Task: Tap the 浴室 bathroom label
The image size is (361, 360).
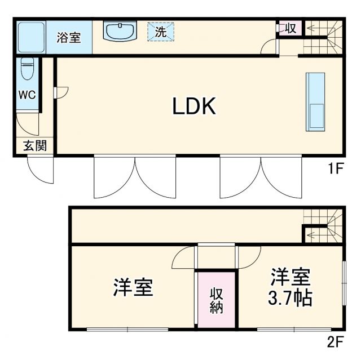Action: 69,37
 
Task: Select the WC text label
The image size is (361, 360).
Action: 27,95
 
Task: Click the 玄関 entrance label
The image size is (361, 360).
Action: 34,146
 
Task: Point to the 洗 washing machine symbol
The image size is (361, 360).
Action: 161,32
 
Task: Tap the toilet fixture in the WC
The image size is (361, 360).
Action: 27,72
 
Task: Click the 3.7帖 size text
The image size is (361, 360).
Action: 290,297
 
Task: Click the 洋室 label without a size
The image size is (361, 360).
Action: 133,288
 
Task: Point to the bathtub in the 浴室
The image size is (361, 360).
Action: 30,37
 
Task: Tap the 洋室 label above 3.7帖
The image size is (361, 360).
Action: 290,277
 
